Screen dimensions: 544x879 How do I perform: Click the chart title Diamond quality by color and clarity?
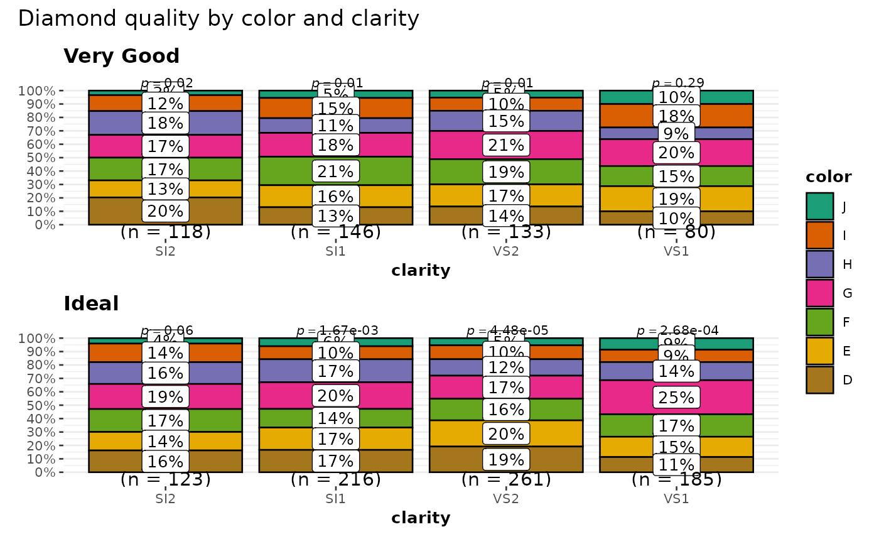[x=218, y=19]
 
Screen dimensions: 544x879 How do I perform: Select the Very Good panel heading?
[x=122, y=57]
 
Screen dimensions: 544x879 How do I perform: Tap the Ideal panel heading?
[x=92, y=304]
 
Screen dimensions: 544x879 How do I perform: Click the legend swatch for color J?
[x=820, y=206]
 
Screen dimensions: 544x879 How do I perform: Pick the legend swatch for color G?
[x=820, y=293]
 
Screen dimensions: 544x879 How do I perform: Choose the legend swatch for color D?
[x=820, y=379]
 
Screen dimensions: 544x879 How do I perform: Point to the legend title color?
[x=829, y=177]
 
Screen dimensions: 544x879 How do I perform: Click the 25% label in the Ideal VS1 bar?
[x=676, y=398]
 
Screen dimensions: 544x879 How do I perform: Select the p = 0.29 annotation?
[x=678, y=83]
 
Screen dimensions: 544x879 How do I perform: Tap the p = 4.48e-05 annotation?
[x=507, y=330]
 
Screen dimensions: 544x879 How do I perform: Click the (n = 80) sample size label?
[x=676, y=232]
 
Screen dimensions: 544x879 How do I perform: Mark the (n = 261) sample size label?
[x=506, y=480]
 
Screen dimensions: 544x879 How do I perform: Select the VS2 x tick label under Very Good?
[x=506, y=252]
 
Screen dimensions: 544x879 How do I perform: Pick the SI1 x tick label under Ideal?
[x=336, y=499]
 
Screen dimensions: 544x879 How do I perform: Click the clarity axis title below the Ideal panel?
[x=421, y=518]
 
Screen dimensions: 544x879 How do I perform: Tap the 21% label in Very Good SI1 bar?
[x=336, y=171]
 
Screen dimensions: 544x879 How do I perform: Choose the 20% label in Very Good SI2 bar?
[x=165, y=211]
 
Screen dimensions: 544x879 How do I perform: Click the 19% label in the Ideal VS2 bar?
[x=506, y=460]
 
